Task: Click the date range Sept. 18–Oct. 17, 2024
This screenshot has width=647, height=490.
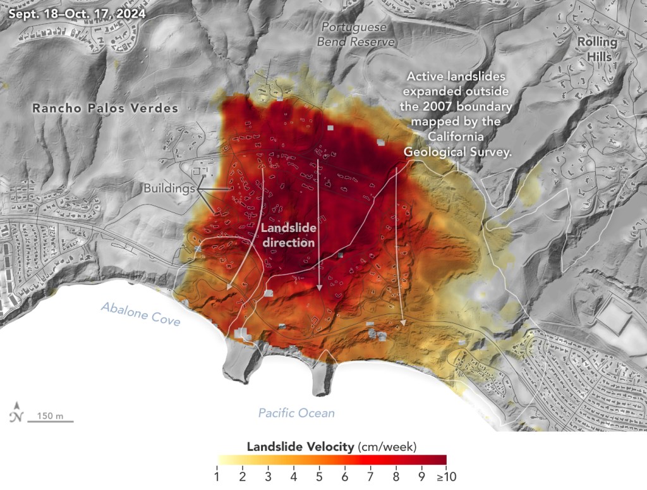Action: coord(73,13)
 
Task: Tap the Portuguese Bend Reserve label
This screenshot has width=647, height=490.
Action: coord(358,34)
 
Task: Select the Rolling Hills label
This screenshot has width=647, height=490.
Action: coord(596,49)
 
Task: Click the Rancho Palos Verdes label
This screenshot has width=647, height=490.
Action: coord(106,109)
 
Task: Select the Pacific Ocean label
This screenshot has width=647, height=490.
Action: coord(296,413)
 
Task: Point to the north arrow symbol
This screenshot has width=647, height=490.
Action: coord(16,411)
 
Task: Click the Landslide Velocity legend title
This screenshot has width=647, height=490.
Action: coord(332,447)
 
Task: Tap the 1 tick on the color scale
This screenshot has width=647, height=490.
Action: coord(217,475)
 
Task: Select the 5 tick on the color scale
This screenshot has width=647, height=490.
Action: coord(319,475)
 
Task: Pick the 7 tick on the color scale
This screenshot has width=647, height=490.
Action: coord(370,475)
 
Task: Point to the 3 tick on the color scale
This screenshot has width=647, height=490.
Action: coord(268,475)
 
